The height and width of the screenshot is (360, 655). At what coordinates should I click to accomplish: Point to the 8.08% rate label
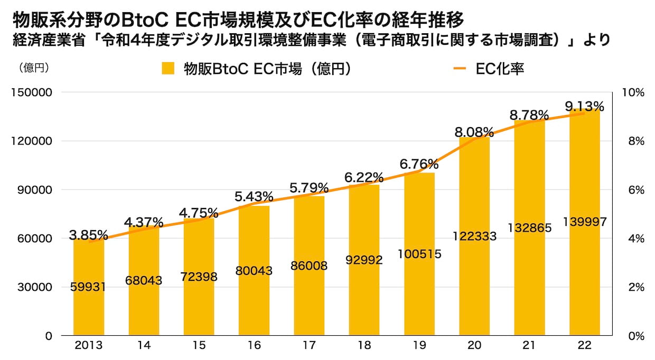474,131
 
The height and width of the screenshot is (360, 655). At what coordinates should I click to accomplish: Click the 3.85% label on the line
89,234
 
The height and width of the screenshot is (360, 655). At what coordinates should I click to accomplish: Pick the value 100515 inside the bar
419,254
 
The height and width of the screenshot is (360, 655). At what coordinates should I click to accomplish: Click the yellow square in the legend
169,69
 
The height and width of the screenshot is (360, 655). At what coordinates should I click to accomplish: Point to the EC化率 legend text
500,69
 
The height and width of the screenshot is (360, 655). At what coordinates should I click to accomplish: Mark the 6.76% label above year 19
419,164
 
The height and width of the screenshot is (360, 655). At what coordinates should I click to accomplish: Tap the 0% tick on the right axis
634,336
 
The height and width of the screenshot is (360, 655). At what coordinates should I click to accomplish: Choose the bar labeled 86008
309,296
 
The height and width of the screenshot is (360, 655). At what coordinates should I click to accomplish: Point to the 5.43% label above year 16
254,197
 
